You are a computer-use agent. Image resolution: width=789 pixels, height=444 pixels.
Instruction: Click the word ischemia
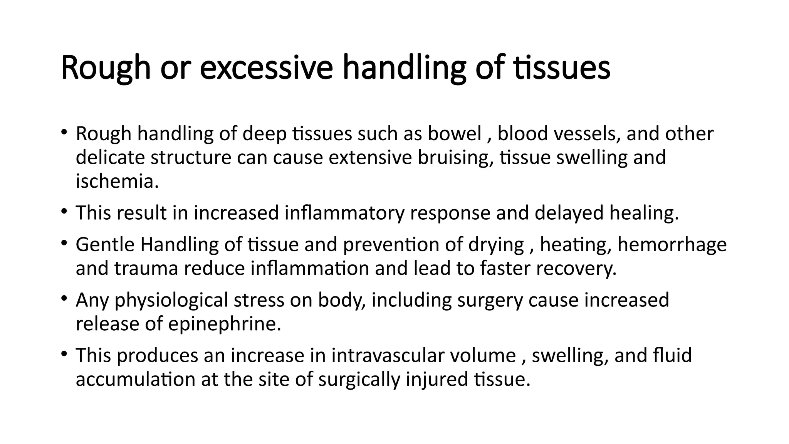pos(117,182)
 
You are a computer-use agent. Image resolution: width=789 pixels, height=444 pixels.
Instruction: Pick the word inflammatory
pos(344,213)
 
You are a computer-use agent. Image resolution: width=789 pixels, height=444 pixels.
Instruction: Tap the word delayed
pos(569,213)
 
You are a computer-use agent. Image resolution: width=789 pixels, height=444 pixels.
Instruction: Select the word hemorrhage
pos(672,245)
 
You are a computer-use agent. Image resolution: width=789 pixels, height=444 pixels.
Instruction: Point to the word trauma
pos(146,269)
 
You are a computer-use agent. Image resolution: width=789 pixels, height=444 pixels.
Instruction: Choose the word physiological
pos(171,300)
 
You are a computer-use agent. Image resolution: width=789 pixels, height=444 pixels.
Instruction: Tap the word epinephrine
pos(225,324)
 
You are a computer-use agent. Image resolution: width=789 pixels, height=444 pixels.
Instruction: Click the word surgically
pos(359,379)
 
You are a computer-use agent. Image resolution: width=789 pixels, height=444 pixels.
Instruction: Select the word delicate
pos(110,158)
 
